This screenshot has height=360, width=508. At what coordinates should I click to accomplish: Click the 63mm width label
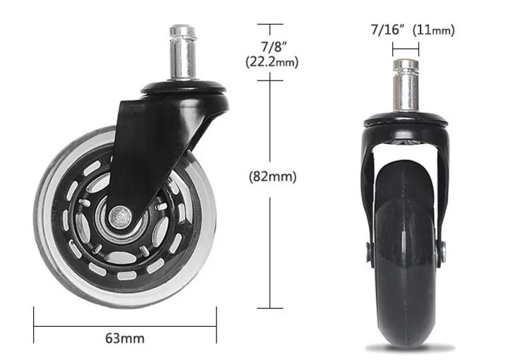point(126,338)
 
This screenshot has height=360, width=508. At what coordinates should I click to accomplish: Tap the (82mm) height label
point(272,176)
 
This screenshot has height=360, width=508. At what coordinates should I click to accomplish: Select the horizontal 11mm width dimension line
point(406,49)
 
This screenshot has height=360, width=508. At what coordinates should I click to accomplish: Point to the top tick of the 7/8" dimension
point(265,24)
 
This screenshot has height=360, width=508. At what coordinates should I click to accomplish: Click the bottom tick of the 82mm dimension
point(265,308)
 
